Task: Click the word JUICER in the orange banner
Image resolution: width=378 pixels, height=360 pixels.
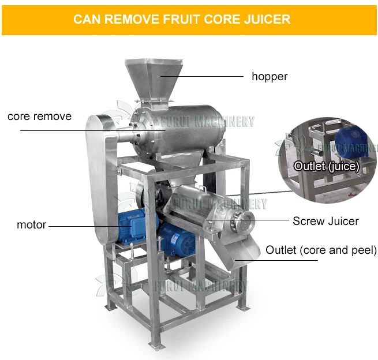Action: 267,19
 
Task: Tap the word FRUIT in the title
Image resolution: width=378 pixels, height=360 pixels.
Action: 182,19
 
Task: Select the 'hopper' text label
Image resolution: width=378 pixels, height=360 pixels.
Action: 270,77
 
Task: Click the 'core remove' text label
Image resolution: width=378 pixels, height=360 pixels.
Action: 40,117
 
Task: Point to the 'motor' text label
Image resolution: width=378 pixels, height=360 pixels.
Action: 31,225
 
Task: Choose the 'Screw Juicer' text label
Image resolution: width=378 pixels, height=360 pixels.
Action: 325,221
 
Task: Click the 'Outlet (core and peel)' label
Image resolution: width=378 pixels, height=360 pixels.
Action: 321,250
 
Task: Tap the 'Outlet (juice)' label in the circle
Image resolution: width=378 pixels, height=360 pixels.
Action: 327,166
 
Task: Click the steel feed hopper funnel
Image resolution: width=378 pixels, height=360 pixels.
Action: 154,80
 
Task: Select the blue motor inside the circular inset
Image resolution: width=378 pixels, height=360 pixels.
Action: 351,141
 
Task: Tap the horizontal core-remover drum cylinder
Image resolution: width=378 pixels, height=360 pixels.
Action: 178,130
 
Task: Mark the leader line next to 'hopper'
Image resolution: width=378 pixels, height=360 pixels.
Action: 202,76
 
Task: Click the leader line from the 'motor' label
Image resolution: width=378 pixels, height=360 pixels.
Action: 90,226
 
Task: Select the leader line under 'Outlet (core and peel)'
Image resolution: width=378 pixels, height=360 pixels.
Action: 276,260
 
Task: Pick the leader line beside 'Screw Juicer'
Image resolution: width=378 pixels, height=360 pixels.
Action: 248,220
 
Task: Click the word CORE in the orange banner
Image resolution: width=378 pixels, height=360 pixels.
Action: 223,19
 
